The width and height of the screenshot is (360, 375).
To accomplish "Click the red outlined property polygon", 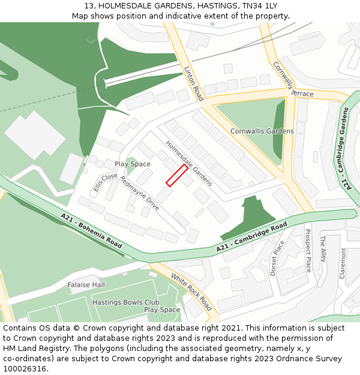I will pos(177,175).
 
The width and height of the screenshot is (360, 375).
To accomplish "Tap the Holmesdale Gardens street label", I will pos(189,163).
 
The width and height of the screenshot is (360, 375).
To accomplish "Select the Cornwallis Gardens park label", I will pos(262,131).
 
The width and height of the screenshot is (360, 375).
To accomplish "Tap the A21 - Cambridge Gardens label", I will pos(345,148).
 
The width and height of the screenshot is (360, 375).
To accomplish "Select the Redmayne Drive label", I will pos(139,193).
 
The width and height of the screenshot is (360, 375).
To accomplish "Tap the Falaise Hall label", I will pos(86,284).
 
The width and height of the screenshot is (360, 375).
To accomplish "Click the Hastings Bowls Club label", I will pos(125,302).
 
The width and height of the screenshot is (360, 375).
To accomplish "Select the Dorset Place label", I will pos(277,257).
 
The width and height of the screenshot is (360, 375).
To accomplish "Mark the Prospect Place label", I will pos(308,250).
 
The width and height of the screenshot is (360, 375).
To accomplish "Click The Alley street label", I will pos(323,250).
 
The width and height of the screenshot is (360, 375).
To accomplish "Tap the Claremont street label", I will pos(343,262).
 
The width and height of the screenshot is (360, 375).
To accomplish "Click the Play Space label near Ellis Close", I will pos(133,164).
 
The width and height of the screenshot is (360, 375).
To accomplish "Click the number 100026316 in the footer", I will pos(24,368).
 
